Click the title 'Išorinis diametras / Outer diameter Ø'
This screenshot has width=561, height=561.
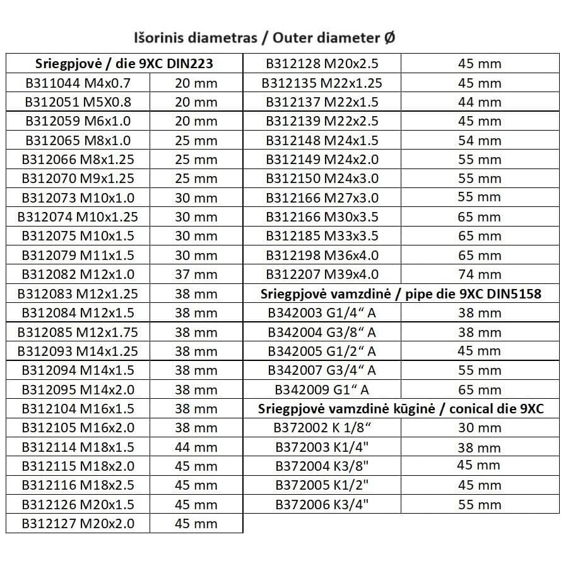point(264,37)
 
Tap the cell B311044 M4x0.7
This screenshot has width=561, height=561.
point(77,83)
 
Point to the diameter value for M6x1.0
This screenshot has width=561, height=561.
point(196,121)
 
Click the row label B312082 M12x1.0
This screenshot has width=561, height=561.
point(78,275)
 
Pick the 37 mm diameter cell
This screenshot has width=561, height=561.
point(196,275)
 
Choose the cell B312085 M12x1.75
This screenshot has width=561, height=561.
point(78,332)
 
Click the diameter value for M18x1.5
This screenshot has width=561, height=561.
point(196,447)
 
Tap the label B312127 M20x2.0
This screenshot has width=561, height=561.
point(78,523)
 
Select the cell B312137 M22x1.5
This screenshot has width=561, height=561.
point(322,102)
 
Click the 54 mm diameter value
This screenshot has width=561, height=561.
point(479,141)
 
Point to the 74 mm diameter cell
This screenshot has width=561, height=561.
point(479,275)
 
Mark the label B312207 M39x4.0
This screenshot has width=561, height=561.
point(322,275)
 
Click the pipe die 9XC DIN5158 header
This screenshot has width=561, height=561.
point(401,294)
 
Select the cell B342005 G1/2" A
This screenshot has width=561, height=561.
point(322,351)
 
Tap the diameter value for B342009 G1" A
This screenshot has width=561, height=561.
point(479,390)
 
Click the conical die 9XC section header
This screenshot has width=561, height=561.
point(401,409)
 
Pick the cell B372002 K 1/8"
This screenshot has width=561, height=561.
point(322,428)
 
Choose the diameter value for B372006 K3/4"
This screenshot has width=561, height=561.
point(479,504)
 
